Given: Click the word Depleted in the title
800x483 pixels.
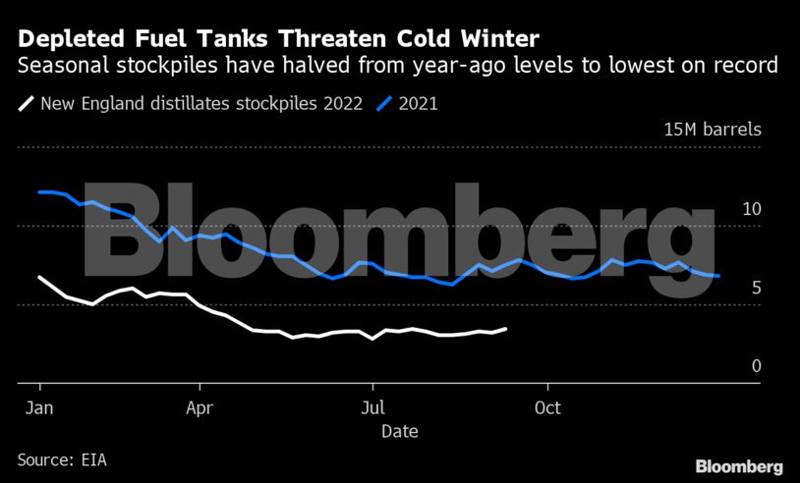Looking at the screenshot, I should pyautogui.click(x=66, y=39).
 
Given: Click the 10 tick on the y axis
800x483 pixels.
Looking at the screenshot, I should pyautogui.click(x=752, y=209).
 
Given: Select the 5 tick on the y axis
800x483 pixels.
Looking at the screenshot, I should pyautogui.click(x=757, y=288).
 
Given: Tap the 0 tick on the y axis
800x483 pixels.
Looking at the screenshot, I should pyautogui.click(x=757, y=366).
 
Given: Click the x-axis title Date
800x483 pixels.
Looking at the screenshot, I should pyautogui.click(x=399, y=431).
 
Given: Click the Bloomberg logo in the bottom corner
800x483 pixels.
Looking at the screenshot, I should pyautogui.click(x=738, y=466).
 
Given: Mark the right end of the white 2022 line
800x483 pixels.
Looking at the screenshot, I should pyautogui.click(x=506, y=329).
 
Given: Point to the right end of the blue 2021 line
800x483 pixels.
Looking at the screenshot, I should pyautogui.click(x=719, y=276).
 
